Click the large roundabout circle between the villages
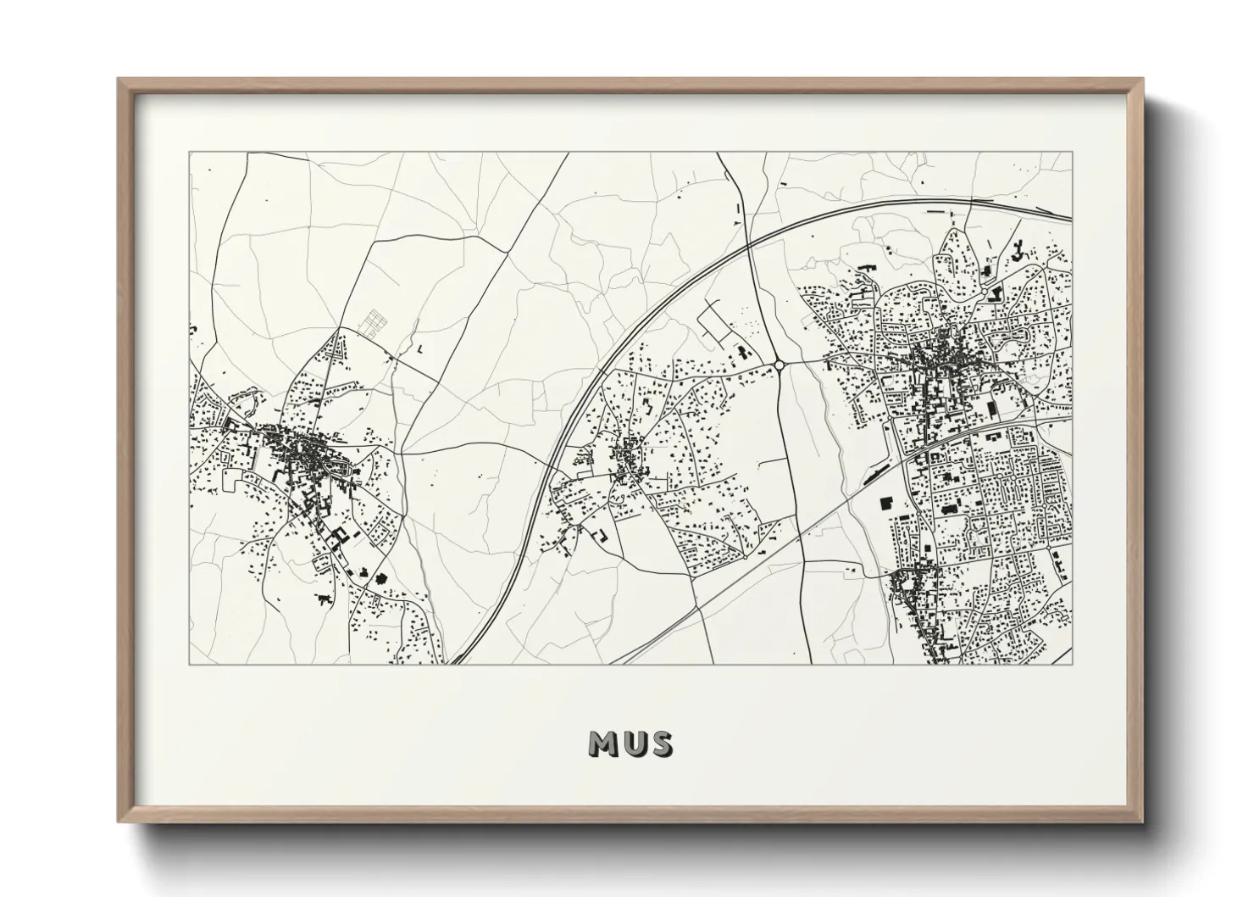pyautogui.click(x=778, y=365)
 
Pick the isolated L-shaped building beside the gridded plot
pyautogui.click(x=420, y=348)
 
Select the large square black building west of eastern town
pyautogui.click(x=886, y=503)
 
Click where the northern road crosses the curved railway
pyautogui.click(x=750, y=246)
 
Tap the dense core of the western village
pyautogui.click(x=297, y=449)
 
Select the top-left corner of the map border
pyautogui.click(x=189, y=152)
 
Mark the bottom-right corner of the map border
pyautogui.click(x=1072, y=665)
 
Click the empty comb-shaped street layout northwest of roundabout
pyautogui.click(x=716, y=326)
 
